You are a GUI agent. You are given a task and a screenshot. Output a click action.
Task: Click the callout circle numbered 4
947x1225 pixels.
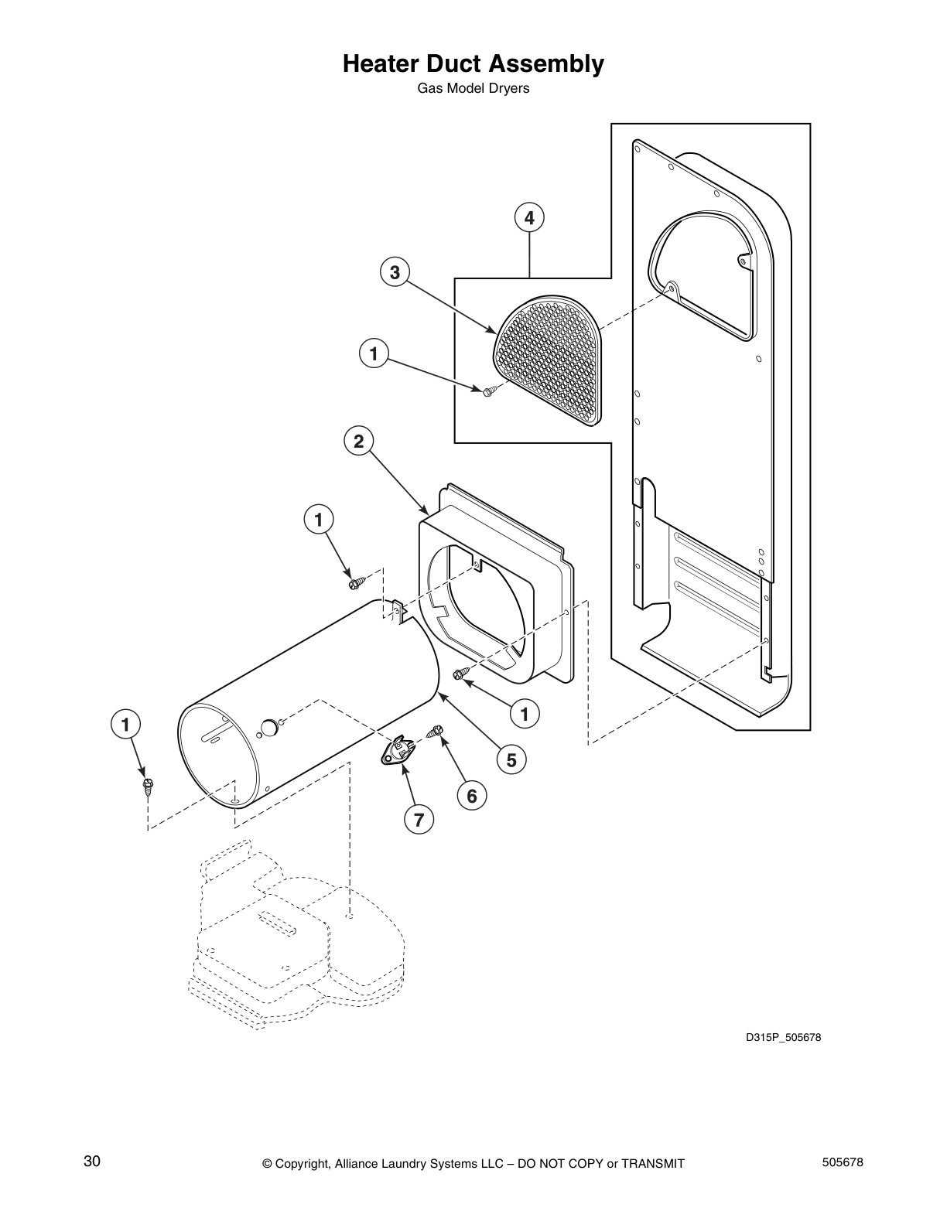point(529,218)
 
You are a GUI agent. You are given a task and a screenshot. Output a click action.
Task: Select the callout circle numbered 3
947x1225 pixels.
point(395,272)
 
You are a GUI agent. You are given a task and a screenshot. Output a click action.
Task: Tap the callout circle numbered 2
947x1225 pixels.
point(358,442)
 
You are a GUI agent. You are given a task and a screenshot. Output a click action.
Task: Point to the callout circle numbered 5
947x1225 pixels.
point(511,759)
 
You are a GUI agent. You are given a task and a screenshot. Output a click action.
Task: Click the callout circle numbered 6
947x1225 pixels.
point(472,794)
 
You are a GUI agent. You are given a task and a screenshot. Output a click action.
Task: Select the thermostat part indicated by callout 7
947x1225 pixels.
point(398,750)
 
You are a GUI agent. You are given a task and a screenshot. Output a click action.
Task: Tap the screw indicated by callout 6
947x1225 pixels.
point(436,731)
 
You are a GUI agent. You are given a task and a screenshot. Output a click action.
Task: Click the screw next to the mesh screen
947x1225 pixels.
point(488,392)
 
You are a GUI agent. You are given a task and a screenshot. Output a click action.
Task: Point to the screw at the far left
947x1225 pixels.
point(146,787)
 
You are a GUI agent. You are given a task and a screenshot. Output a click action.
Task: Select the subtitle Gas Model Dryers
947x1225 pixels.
point(473,88)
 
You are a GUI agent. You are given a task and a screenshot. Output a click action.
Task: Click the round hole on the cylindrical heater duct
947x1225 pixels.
point(267,726)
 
